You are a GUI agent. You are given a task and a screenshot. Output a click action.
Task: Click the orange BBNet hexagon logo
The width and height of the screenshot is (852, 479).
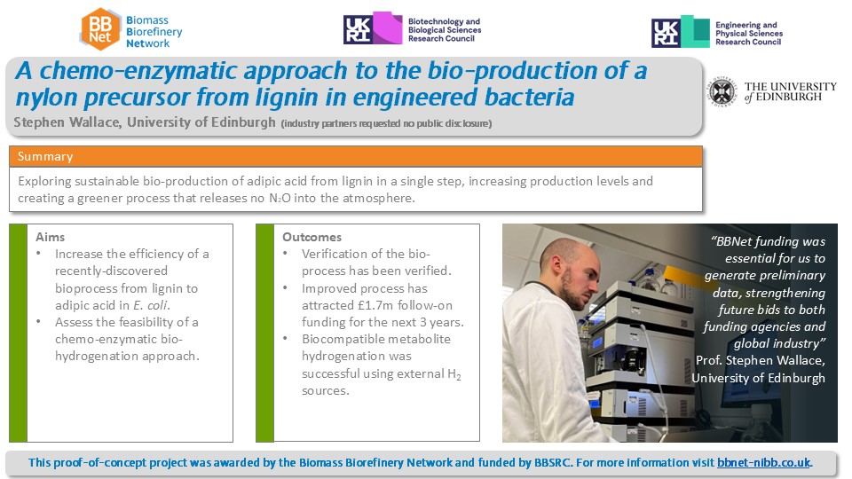tap(100, 29)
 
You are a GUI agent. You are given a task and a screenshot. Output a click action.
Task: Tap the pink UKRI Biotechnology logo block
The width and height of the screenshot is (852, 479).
tap(387, 27)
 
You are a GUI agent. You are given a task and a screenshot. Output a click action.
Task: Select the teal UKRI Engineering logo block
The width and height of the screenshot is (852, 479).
tap(695, 31)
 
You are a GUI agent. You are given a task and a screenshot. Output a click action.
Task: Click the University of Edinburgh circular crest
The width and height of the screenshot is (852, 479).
tap(722, 91)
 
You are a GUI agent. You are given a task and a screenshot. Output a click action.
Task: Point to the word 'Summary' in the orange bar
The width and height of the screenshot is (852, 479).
tap(45, 156)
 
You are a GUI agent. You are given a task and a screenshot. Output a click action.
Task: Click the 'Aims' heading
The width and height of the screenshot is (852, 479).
tap(50, 237)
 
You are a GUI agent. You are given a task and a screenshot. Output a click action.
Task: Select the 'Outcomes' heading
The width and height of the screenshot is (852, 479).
tap(312, 237)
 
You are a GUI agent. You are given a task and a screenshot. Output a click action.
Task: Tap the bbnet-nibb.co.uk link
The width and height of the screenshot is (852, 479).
tap(763, 462)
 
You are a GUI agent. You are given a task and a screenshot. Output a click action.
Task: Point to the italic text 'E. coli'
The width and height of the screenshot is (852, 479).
tap(151, 305)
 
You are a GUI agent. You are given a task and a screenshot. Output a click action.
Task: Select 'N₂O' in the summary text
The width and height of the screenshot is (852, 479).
tap(280, 198)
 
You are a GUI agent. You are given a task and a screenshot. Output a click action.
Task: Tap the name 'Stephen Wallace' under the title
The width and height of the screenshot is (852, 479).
tap(67, 122)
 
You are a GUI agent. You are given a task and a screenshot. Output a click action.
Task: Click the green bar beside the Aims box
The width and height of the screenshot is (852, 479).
tap(19, 333)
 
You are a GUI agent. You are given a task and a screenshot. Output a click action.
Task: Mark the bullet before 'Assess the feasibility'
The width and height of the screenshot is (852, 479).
tap(38, 322)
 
